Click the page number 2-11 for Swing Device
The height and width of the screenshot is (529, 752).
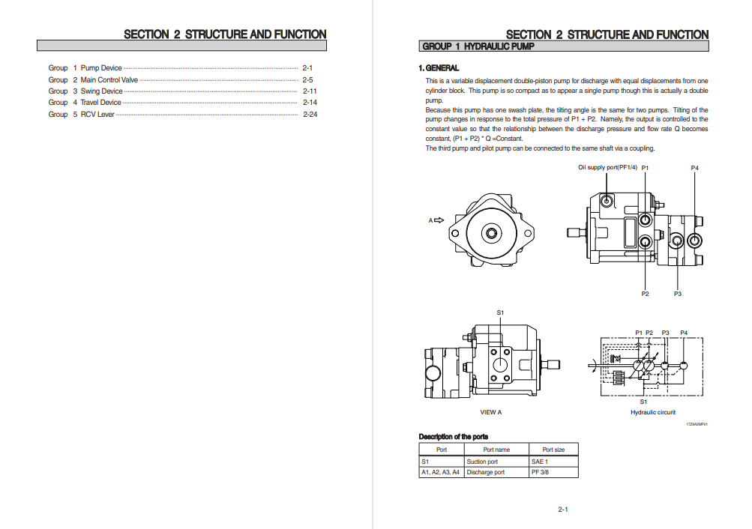[310, 91]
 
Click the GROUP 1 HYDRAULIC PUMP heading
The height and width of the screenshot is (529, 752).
[478, 46]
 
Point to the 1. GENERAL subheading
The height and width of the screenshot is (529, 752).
[439, 68]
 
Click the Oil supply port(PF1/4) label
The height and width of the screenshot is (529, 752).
[607, 167]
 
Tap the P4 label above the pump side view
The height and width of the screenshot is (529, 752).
[694, 168]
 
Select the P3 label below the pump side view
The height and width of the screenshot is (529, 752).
[677, 294]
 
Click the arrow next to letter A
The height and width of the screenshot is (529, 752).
[439, 220]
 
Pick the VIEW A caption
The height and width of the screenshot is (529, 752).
[490, 412]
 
